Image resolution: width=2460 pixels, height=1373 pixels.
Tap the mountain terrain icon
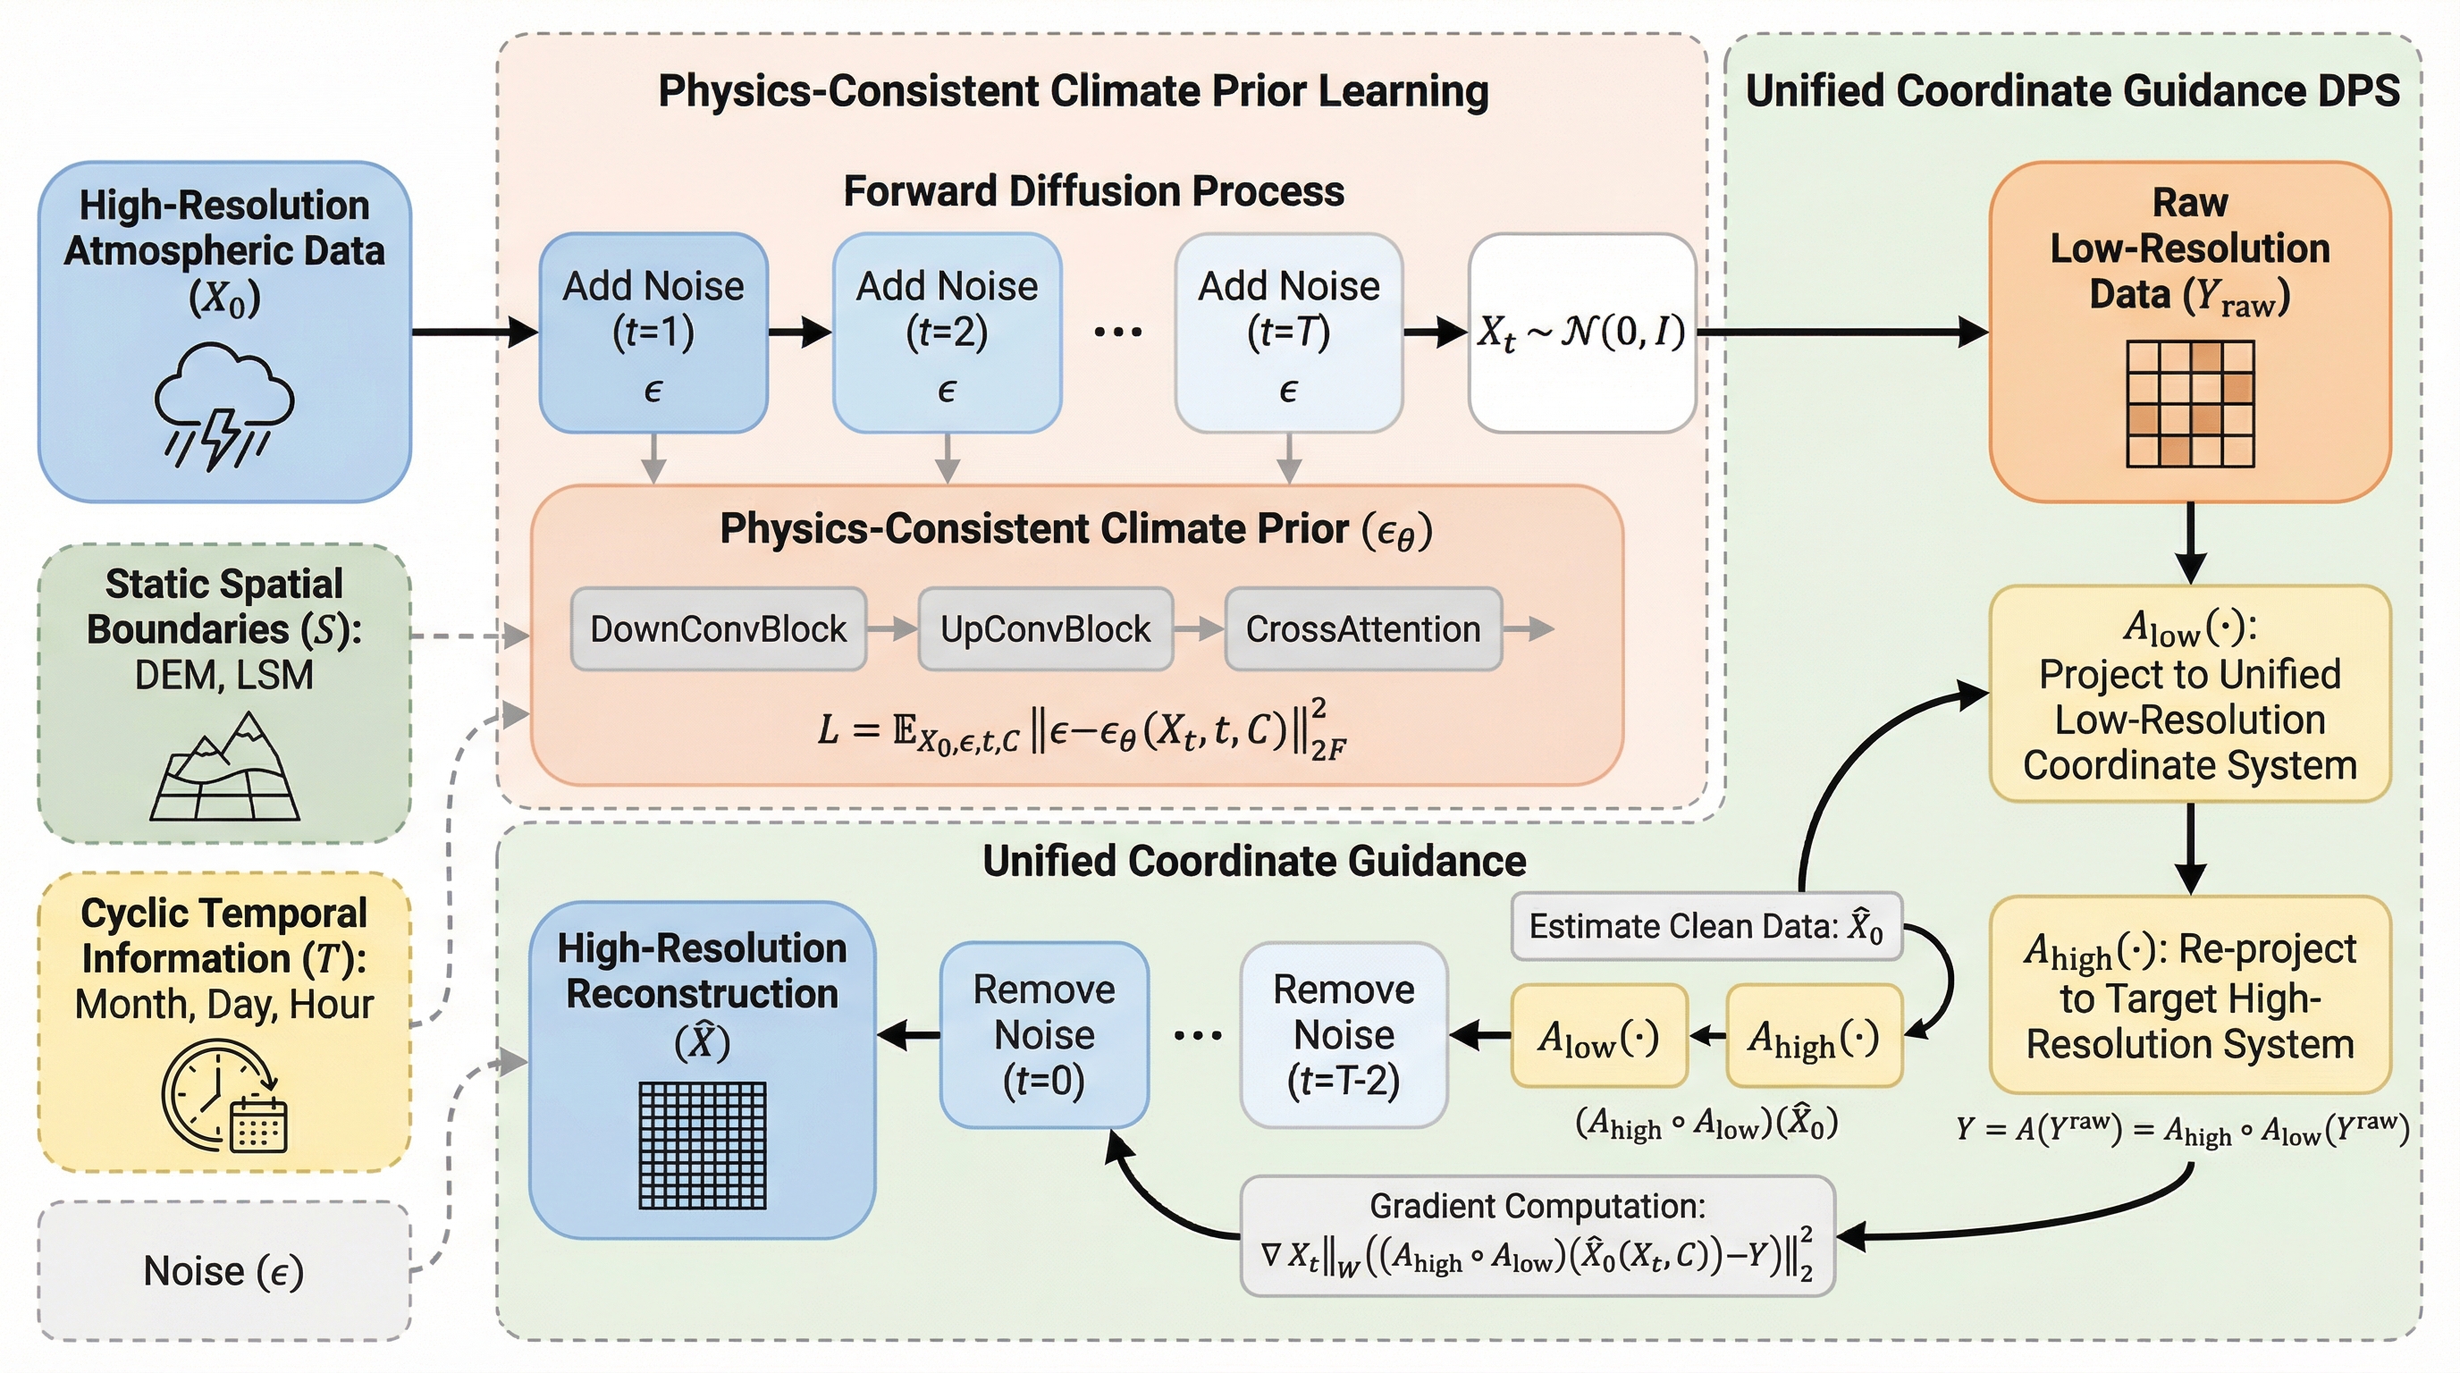point(225,768)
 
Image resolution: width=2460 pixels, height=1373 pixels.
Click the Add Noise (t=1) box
point(653,333)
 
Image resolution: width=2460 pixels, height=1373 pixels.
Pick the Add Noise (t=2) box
point(947,333)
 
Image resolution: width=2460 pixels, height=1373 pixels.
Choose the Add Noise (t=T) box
point(1288,333)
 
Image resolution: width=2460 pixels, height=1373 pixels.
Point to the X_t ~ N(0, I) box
point(1581,333)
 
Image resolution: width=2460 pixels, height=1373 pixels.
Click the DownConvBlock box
point(718,629)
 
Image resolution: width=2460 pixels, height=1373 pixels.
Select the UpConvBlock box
point(1046,629)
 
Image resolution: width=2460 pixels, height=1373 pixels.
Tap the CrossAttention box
point(1362,629)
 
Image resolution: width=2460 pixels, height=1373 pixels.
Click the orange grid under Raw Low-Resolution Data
point(2190,404)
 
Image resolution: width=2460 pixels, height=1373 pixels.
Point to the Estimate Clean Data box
point(1706,926)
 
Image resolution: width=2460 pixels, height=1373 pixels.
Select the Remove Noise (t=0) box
point(1044,1035)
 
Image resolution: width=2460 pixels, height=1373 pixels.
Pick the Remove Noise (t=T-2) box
point(1344,1035)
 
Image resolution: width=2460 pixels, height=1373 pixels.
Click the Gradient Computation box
point(1537,1235)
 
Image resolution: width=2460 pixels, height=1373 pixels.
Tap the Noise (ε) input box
point(224,1271)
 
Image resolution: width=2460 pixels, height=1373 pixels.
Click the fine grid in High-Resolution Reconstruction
point(702,1146)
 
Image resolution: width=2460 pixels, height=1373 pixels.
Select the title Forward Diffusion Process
point(1093,191)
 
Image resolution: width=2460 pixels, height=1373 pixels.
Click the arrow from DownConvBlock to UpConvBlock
point(892,629)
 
